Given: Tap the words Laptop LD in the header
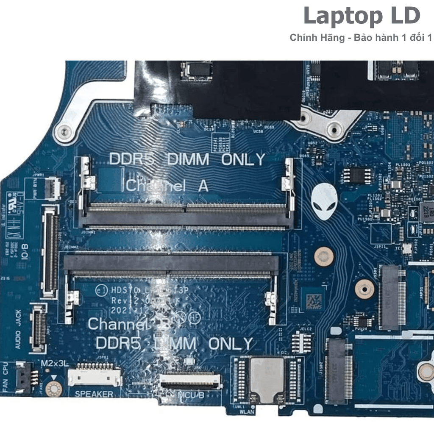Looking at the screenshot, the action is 362,16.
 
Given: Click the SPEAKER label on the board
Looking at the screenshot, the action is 94,394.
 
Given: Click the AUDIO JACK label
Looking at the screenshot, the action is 18,329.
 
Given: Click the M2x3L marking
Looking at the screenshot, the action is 55,364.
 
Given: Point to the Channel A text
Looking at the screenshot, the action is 167,186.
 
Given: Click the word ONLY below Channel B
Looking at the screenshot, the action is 231,344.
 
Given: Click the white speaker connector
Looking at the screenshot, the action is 95,376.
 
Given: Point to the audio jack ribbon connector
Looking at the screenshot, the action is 39,328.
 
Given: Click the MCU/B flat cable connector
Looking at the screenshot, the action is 190,381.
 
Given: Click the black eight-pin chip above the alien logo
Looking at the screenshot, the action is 356,175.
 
